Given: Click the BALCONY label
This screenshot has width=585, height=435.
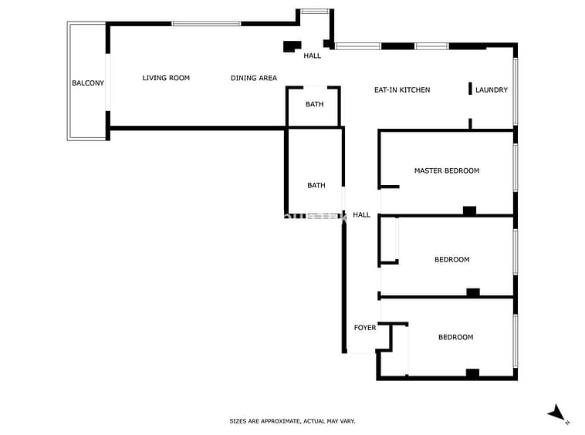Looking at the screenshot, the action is [x=88, y=83].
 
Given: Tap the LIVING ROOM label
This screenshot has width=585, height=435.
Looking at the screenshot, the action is [x=166, y=78].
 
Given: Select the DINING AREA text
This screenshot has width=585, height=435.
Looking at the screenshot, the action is [x=254, y=78].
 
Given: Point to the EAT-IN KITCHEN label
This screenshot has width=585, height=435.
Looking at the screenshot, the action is [x=402, y=89].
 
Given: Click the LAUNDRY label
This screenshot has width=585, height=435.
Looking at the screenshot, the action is [x=492, y=89].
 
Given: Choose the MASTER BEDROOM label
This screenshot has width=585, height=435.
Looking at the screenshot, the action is [x=447, y=170].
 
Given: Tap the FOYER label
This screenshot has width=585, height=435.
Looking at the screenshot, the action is [x=365, y=328].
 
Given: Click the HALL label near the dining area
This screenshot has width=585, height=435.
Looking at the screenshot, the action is [x=313, y=56].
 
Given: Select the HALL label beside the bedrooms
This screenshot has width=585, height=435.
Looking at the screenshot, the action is [x=361, y=214].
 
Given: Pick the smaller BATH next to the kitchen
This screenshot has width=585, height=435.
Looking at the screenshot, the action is [x=315, y=104].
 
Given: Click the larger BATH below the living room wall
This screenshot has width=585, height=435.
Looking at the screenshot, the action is [x=316, y=185].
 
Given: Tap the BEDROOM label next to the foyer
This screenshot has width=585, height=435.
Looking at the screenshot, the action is [x=455, y=337].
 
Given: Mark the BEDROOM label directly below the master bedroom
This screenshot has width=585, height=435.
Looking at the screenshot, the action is [x=451, y=259].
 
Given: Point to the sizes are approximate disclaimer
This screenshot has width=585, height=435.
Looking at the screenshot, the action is [x=292, y=421].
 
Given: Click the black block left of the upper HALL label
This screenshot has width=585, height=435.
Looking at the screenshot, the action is [x=292, y=46].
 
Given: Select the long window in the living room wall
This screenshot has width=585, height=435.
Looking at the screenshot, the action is [x=206, y=23].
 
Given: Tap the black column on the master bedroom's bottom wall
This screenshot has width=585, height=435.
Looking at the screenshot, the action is [x=469, y=211].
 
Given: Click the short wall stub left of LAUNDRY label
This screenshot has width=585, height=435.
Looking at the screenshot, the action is [x=470, y=89].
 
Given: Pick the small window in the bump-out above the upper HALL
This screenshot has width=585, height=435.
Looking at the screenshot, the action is [x=315, y=11].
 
